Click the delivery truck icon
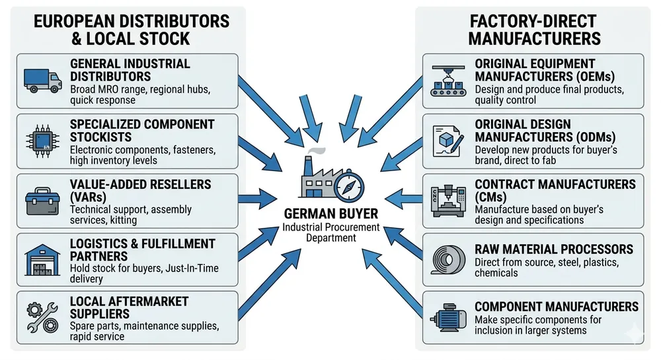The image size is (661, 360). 42,81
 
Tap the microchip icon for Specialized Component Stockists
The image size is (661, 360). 42,140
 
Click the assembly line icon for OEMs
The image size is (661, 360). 447,81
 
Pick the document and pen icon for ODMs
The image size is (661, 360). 447,140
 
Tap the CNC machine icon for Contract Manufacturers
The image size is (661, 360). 447,199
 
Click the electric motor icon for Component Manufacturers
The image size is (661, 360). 447,316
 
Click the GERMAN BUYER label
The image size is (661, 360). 330,214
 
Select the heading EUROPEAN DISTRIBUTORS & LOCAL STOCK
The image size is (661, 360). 131,30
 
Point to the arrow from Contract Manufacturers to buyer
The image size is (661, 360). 403,196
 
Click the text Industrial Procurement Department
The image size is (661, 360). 330,233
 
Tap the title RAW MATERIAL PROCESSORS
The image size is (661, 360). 554,250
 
